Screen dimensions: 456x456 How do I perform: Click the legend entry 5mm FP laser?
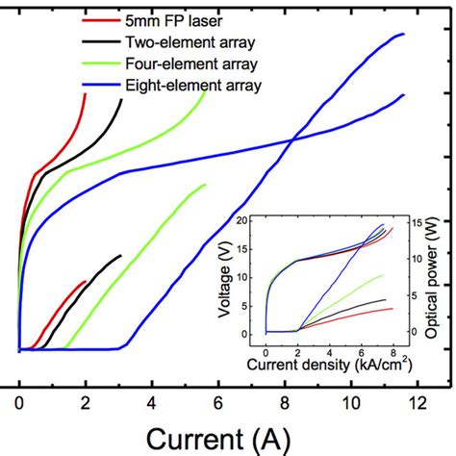tap(165, 19)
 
